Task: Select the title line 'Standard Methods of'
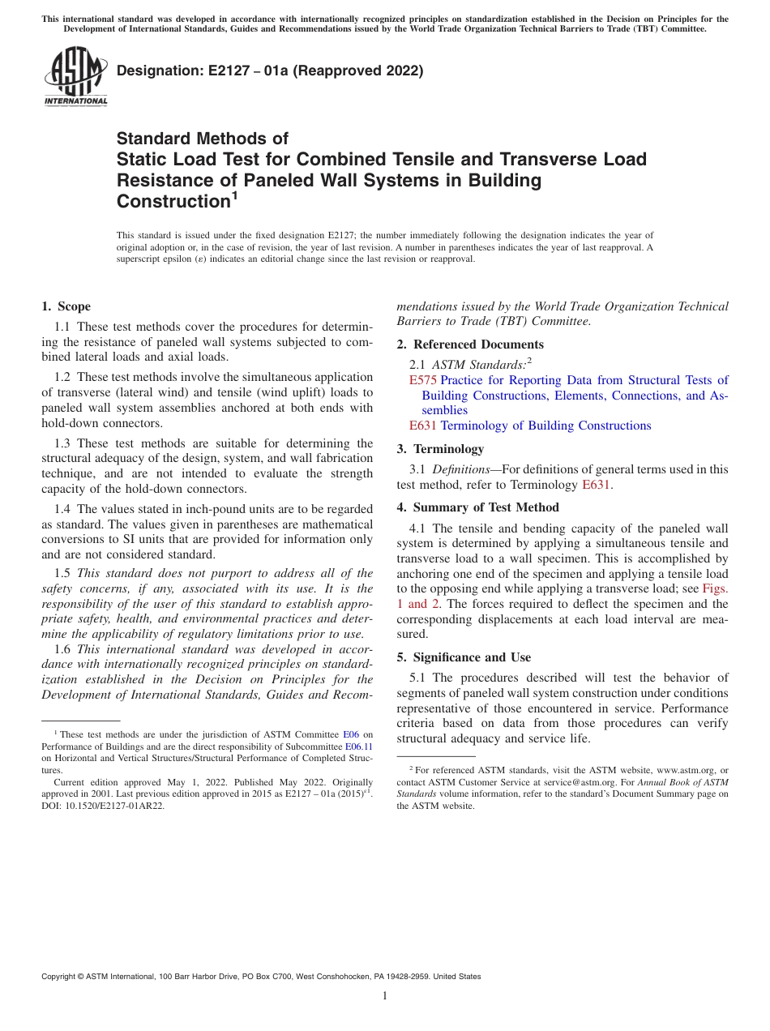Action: (202, 139)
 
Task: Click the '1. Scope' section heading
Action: (66, 306)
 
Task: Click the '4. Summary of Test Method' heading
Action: (477, 507)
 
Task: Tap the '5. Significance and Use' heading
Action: (464, 657)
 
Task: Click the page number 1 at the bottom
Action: (385, 996)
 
